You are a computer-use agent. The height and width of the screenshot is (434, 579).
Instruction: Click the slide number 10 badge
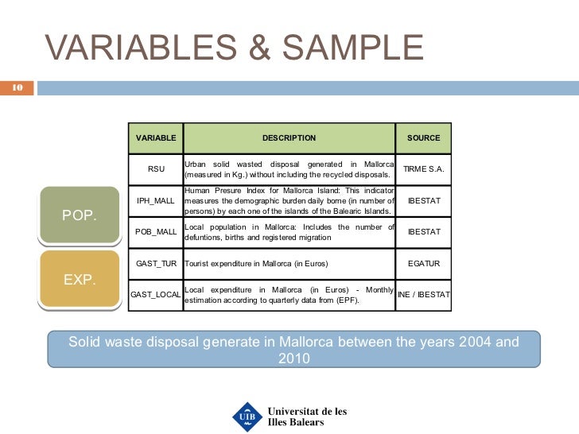(x=16, y=87)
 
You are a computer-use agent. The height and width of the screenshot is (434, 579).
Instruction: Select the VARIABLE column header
(x=156, y=138)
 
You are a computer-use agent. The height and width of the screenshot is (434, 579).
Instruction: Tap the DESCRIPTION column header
(x=289, y=138)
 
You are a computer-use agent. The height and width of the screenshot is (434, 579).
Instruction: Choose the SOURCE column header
(x=423, y=138)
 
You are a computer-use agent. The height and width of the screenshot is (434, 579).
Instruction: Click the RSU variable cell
(x=156, y=169)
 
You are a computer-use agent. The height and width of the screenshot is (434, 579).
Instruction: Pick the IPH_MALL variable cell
(x=156, y=201)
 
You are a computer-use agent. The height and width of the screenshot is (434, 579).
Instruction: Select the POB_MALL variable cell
(x=156, y=232)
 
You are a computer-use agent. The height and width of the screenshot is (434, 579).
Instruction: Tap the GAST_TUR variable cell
(x=156, y=263)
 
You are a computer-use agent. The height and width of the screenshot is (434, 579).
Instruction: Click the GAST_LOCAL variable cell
(x=156, y=295)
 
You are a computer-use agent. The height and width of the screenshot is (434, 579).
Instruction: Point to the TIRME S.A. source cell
(x=423, y=169)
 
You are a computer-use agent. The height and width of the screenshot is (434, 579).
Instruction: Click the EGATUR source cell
(x=423, y=263)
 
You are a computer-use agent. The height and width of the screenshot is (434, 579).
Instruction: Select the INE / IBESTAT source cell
(x=423, y=295)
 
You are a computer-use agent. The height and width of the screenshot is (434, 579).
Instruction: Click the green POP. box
(x=79, y=215)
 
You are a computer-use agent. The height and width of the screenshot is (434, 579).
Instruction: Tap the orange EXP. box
(x=79, y=279)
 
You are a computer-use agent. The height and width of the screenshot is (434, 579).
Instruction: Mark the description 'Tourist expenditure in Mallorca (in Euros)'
(x=256, y=263)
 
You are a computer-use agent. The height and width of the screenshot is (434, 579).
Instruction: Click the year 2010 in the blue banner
(x=293, y=358)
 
